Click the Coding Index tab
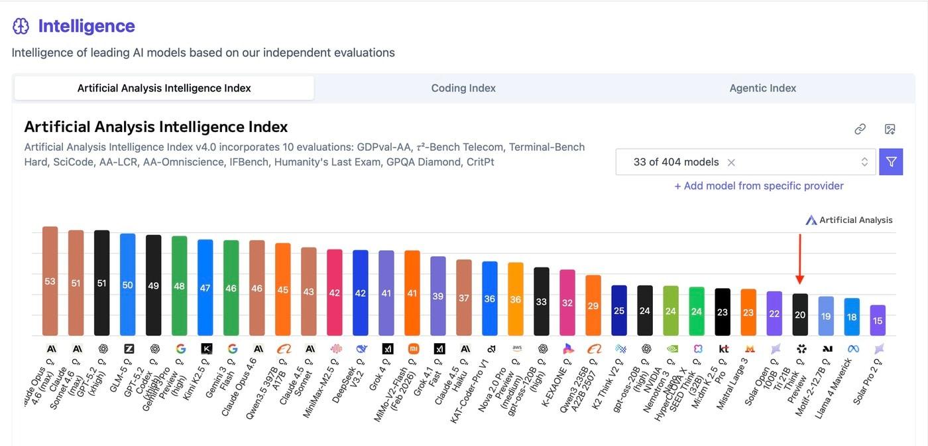point(463,88)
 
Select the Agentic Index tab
point(762,88)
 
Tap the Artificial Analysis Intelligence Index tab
point(164,88)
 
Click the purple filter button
point(891,162)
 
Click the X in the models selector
point(731,163)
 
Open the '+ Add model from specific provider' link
point(758,186)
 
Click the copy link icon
point(860,129)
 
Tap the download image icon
point(890,129)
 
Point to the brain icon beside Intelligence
point(21,26)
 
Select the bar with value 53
point(50,281)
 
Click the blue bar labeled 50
point(127,285)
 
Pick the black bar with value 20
point(800,315)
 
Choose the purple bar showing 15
point(878,321)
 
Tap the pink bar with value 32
point(567,303)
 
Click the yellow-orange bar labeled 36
point(515,299)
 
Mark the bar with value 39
point(437,296)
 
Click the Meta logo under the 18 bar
point(852,348)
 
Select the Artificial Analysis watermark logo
point(811,220)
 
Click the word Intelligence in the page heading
point(86,26)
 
